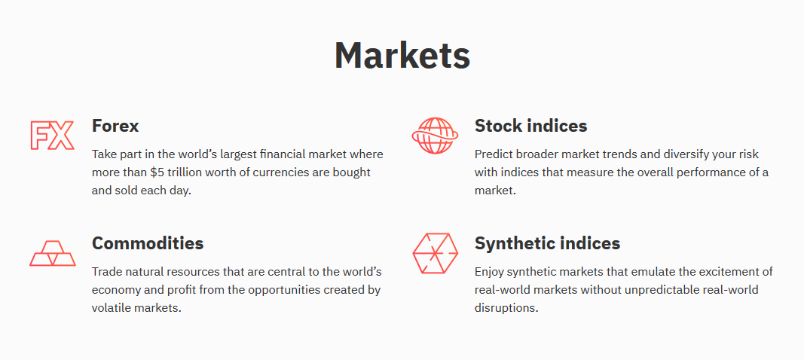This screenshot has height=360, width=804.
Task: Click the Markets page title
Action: tap(402, 55)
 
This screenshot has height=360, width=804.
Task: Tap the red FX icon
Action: tap(52, 136)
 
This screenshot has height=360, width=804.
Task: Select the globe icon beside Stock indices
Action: tap(435, 136)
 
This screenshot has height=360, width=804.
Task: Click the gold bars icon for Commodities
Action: tap(52, 253)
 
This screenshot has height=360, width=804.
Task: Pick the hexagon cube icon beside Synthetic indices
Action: tap(435, 253)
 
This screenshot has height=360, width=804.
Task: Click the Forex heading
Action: tap(115, 126)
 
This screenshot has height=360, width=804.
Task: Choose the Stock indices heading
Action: tap(530, 126)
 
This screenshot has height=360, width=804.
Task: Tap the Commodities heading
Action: tap(148, 243)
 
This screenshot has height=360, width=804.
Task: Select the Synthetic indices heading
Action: tap(547, 243)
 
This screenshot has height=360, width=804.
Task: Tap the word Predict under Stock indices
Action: tap(494, 154)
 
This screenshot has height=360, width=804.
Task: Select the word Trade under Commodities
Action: tap(105, 271)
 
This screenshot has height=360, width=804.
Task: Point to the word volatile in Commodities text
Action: tap(111, 308)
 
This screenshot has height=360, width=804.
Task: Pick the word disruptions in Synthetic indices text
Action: tap(506, 309)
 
